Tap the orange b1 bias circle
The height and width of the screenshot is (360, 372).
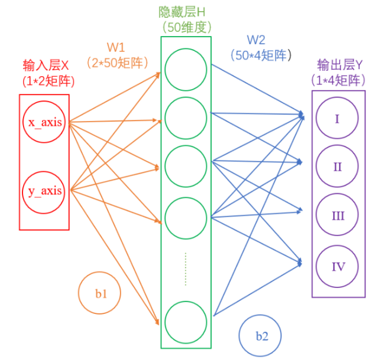(x=100, y=293)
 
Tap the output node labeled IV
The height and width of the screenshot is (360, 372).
(x=337, y=267)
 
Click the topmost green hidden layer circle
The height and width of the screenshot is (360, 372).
(x=186, y=69)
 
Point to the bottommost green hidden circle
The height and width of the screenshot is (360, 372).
(x=186, y=322)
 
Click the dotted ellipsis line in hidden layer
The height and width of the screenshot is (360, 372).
(x=186, y=269)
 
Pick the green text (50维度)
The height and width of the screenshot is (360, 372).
(x=185, y=27)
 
